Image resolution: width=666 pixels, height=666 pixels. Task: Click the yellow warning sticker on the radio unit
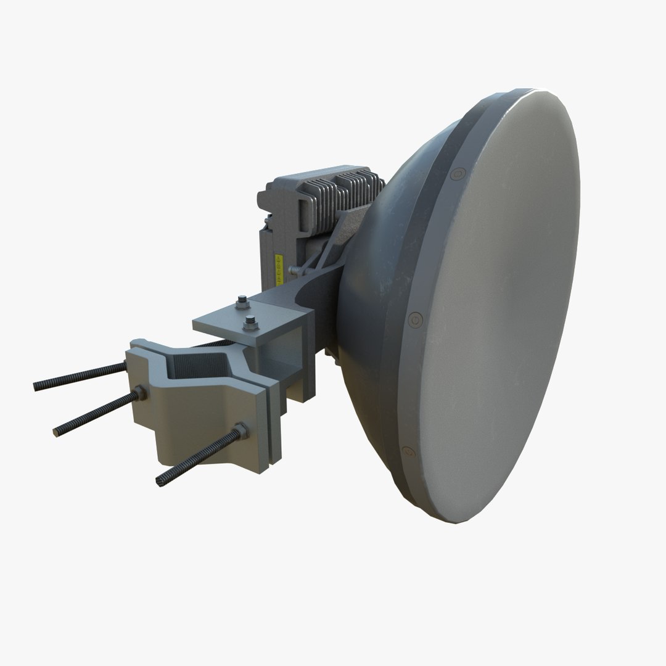(276, 267)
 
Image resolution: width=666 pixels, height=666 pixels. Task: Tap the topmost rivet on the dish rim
(457, 175)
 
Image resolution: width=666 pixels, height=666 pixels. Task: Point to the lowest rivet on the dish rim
(407, 451)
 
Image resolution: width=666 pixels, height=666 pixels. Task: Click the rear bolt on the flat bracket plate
(242, 300)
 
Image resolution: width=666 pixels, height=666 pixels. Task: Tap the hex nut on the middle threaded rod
(139, 392)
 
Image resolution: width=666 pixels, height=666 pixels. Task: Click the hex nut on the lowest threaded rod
(239, 432)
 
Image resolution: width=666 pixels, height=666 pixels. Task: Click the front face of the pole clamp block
(210, 425)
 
